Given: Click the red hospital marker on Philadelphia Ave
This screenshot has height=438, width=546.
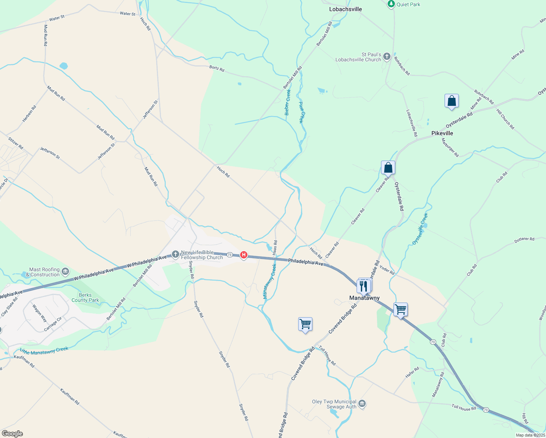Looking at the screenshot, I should [x=244, y=255].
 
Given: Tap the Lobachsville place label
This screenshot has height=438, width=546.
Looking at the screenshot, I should [x=345, y=9].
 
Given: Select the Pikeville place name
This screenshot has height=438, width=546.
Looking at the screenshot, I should [x=442, y=133].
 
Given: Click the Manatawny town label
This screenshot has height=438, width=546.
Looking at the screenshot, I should [x=364, y=298].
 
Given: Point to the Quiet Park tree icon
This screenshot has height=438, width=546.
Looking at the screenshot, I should [x=391, y=4].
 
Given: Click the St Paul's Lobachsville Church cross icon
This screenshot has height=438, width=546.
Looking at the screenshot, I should [x=387, y=57].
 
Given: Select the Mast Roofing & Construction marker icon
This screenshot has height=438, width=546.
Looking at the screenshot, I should [x=65, y=271].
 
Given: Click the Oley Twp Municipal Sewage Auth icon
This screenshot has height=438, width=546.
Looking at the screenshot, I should [x=362, y=403].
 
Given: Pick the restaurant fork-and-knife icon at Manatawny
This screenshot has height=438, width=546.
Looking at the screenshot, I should [x=364, y=286].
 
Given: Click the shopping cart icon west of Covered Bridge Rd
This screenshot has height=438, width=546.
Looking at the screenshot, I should [x=305, y=324].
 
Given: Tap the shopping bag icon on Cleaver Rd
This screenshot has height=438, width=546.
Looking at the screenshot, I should [x=388, y=168].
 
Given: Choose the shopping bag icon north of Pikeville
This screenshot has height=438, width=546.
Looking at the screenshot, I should [x=451, y=101].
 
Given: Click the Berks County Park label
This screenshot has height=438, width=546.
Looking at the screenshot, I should [x=85, y=297].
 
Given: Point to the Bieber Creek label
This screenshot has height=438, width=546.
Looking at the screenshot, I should [x=288, y=102].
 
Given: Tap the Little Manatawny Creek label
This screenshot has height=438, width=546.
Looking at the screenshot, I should [x=44, y=351].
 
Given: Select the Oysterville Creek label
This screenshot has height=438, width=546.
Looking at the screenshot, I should [x=420, y=229].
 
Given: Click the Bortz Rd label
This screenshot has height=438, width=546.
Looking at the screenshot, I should [x=217, y=68].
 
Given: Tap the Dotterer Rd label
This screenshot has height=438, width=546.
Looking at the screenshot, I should [x=524, y=240].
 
